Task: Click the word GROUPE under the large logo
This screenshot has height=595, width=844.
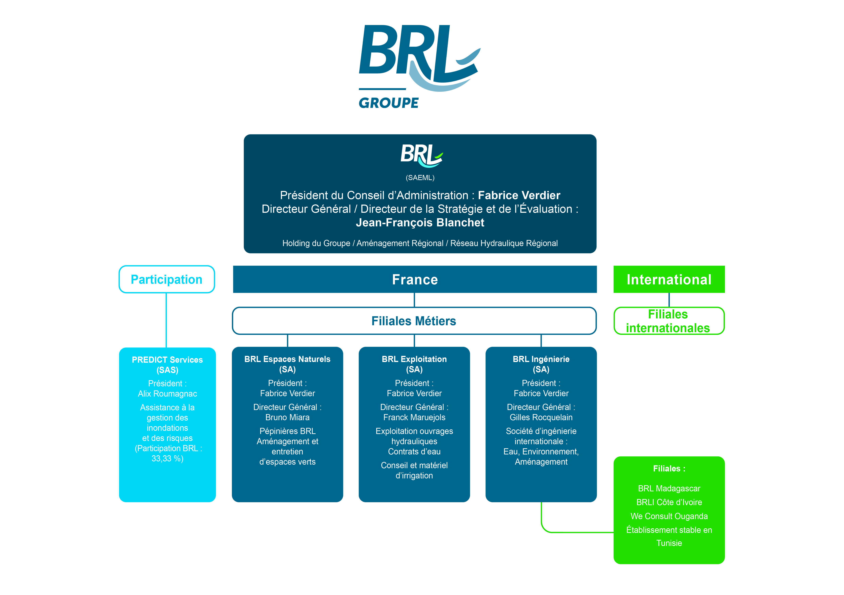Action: click(389, 103)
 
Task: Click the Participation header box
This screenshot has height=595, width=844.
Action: click(167, 279)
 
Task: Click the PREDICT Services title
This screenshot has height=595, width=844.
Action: click(167, 360)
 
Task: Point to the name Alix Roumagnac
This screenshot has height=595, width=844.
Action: click(167, 394)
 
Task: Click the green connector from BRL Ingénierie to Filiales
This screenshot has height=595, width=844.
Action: click(577, 532)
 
